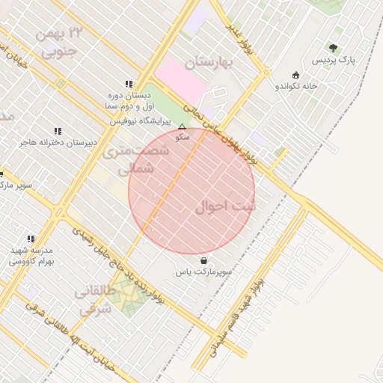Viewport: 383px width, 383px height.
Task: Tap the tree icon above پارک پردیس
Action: click(x=334, y=48)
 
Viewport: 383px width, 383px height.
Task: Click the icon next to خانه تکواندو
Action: click(x=296, y=75)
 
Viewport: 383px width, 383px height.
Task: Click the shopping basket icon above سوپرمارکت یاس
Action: click(x=204, y=261)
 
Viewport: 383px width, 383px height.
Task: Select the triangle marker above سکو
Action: click(x=182, y=127)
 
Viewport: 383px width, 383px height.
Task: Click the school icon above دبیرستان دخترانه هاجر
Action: click(x=58, y=131)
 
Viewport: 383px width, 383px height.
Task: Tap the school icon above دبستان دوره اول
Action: click(x=129, y=85)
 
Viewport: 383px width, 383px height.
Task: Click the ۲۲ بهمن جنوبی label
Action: click(x=59, y=42)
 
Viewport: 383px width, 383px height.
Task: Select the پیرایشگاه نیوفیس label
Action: click(x=147, y=120)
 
